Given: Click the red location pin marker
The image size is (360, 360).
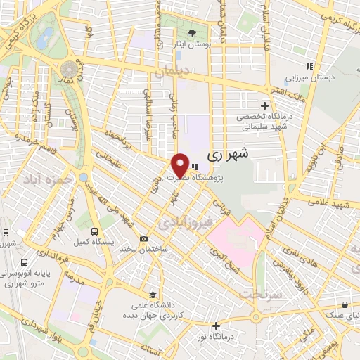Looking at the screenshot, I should point(180,165).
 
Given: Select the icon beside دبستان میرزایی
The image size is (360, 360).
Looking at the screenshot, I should point(307,67).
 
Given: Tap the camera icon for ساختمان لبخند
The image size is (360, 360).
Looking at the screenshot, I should point(143,239).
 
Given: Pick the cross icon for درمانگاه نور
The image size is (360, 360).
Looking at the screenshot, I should point(217,326).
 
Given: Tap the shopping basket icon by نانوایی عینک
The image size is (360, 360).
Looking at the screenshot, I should point(345,304).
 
